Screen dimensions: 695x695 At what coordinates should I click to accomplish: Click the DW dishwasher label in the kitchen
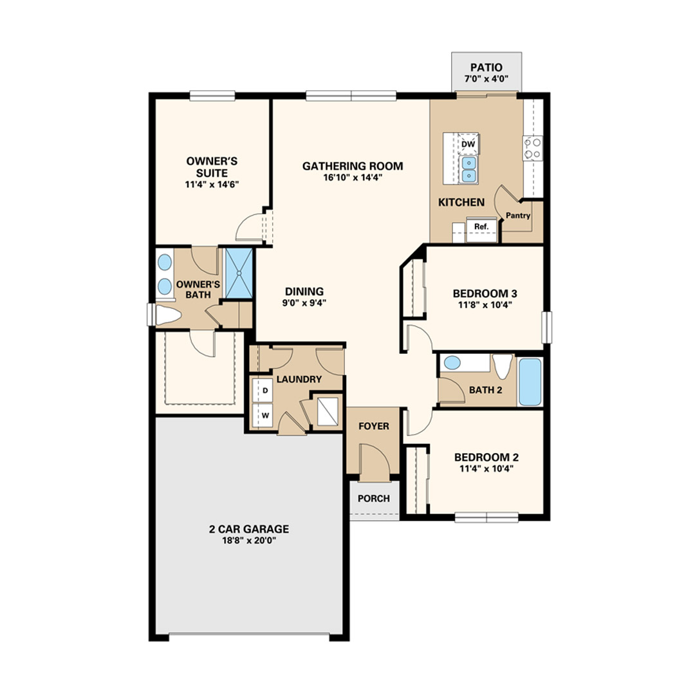[x=468, y=144]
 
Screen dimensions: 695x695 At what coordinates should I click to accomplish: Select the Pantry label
[x=518, y=216]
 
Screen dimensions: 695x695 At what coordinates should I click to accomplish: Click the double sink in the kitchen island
[x=469, y=169]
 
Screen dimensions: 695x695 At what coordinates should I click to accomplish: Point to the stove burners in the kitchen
[x=533, y=149]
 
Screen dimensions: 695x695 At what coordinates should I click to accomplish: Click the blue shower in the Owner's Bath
[x=239, y=273]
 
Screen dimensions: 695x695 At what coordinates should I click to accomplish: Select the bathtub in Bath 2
[x=530, y=382]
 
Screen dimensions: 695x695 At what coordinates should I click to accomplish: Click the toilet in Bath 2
[x=502, y=366]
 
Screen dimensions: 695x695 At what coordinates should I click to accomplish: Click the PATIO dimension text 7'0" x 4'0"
[x=486, y=79]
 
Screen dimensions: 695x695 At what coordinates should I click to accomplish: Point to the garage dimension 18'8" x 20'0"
[x=249, y=541]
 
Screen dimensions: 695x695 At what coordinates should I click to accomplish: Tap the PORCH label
[x=374, y=499]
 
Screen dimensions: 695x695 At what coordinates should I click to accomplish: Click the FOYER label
[x=374, y=426]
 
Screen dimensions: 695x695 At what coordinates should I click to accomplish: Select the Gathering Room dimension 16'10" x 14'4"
[x=353, y=178]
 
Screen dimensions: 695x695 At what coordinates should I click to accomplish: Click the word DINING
[x=304, y=292]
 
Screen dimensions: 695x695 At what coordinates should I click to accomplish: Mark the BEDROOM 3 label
[x=485, y=293]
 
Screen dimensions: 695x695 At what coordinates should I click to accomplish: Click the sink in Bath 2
[x=452, y=362]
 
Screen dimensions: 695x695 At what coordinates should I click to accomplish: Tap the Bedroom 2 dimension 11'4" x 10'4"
[x=486, y=468]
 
